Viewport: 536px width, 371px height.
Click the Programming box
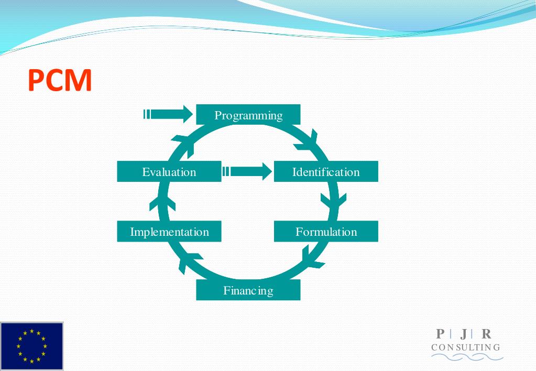248,115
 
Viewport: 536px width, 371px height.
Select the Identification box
326,172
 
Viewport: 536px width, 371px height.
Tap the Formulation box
326,232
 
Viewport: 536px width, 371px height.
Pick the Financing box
248,290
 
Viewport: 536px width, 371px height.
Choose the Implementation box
169,232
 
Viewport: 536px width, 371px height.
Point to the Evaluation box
169,172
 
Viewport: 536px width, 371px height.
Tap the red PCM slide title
60,81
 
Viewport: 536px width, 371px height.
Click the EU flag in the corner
32,346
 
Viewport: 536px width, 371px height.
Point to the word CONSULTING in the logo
466,347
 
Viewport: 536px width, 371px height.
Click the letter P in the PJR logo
440,334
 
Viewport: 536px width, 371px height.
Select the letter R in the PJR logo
487,334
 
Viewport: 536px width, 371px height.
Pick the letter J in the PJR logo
463,334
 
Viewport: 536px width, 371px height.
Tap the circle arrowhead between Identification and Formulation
334,200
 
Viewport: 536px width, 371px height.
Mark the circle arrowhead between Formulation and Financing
312,258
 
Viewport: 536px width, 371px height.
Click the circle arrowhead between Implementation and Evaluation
159,201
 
